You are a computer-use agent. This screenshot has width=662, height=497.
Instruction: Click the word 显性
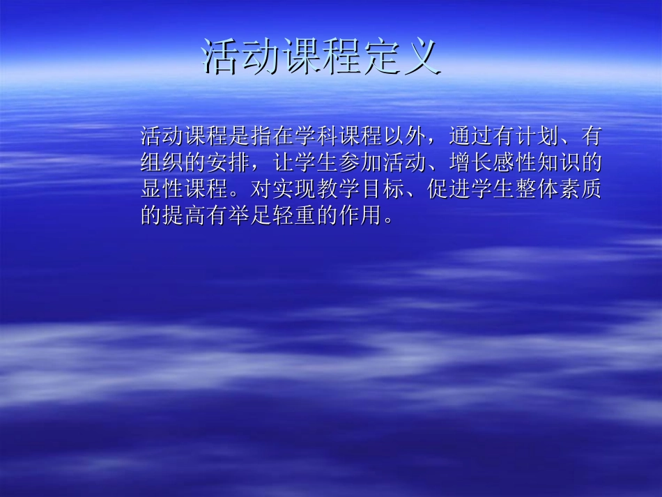pos(160,189)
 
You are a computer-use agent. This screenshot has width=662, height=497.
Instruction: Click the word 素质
pos(582,189)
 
